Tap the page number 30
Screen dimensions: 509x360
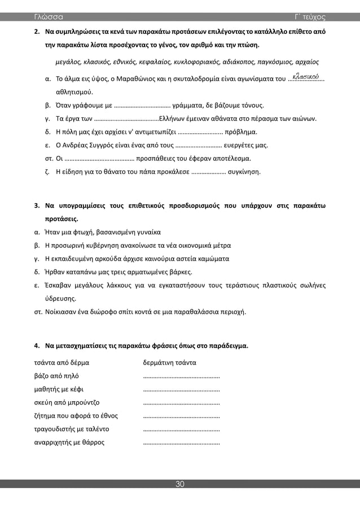(180, 484)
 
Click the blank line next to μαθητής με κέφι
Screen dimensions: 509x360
(181, 389)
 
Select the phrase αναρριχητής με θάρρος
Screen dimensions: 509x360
(69, 442)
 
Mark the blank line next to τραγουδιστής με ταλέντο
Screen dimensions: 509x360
(181, 429)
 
